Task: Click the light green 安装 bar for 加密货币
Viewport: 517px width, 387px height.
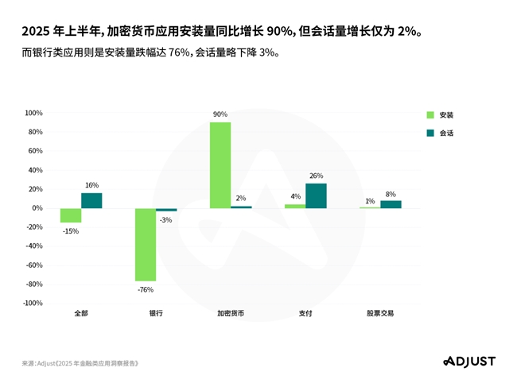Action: [220, 165]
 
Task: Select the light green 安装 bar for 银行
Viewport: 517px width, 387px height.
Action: [146, 245]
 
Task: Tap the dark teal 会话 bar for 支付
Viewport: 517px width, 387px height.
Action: [316, 195]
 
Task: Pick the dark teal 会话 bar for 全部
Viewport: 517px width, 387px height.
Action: [91, 200]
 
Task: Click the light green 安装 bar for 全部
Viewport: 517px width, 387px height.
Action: [71, 215]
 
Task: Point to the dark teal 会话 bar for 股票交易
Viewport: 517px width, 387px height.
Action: [391, 204]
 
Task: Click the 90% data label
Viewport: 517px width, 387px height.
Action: [220, 114]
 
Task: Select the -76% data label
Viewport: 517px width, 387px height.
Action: [146, 289]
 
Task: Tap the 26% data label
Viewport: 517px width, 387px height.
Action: [316, 176]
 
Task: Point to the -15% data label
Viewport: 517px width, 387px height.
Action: [71, 230]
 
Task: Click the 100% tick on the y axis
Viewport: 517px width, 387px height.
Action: [33, 113]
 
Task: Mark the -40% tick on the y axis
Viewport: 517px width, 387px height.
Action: [33, 246]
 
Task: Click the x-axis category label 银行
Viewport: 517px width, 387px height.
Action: [156, 313]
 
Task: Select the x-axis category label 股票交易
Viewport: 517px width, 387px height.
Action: [380, 313]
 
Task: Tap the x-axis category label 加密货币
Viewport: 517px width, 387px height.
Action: [231, 313]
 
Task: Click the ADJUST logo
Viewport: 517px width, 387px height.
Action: [469, 362]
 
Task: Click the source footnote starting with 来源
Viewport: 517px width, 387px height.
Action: [80, 363]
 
